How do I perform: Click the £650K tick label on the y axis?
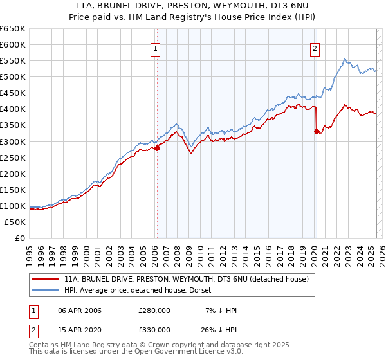[x=13, y=29]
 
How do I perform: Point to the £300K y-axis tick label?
[x=13, y=141]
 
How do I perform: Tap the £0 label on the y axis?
[x=21, y=238]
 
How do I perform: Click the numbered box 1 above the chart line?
[x=156, y=48]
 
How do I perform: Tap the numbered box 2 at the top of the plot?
[x=315, y=48]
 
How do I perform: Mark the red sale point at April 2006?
[x=157, y=148]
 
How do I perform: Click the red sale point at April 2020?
[x=317, y=132]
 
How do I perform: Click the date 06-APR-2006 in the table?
[x=80, y=310]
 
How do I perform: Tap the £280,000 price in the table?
[x=154, y=310]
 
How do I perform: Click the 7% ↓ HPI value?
[x=219, y=310]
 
